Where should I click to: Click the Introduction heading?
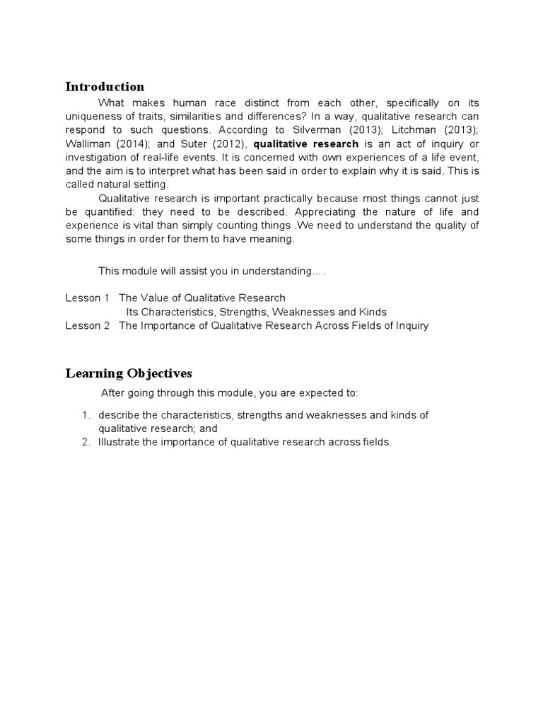coord(105,87)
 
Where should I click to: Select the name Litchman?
coord(410,130)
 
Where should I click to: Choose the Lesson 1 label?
coord(83,298)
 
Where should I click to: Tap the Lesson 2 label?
coord(83,326)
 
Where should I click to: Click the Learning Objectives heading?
coord(129,373)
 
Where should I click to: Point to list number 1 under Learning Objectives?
coord(86,415)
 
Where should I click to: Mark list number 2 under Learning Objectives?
coord(86,443)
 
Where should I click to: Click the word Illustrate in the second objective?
coord(121,443)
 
